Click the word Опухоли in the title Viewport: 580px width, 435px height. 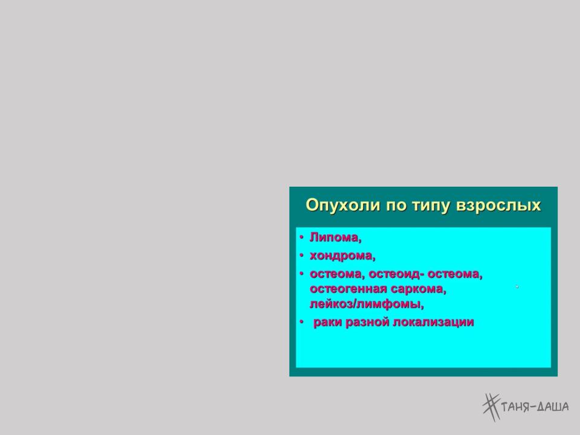pyautogui.click(x=343, y=205)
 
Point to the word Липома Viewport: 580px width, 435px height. pyautogui.click(x=335, y=237)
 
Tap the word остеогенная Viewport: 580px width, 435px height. pyautogui.click(x=348, y=289)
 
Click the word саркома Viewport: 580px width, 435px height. pyautogui.click(x=418, y=289)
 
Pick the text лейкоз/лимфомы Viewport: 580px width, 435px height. pyautogui.click(x=367, y=304)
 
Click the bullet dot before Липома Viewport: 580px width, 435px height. pyautogui.click(x=301, y=237)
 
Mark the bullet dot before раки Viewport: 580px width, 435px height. pyautogui.click(x=301, y=323)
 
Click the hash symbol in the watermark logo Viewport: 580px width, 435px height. pyautogui.click(x=491, y=407)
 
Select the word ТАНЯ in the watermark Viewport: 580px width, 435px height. pyautogui.click(x=515, y=407)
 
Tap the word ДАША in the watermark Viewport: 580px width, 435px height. pyautogui.click(x=553, y=407)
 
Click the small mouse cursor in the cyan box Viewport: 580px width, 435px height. pyautogui.click(x=517, y=286)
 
